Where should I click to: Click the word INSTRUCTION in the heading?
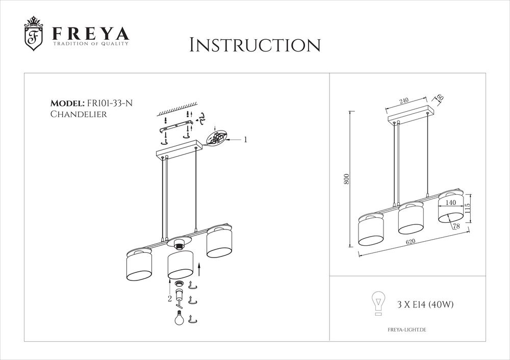click(x=255, y=45)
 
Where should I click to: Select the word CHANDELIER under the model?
click(x=79, y=114)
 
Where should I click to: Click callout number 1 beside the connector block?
click(x=245, y=139)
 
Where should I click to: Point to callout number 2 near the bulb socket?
click(x=169, y=299)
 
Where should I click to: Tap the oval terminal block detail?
click(x=217, y=138)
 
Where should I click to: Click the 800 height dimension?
click(x=346, y=179)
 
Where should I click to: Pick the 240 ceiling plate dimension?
click(x=404, y=101)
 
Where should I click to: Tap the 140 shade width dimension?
click(x=451, y=202)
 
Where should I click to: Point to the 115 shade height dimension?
click(x=468, y=209)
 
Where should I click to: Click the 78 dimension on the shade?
click(x=456, y=226)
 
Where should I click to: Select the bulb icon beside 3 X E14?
click(x=378, y=302)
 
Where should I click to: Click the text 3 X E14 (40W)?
click(x=425, y=305)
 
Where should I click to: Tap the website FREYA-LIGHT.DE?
click(x=407, y=330)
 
